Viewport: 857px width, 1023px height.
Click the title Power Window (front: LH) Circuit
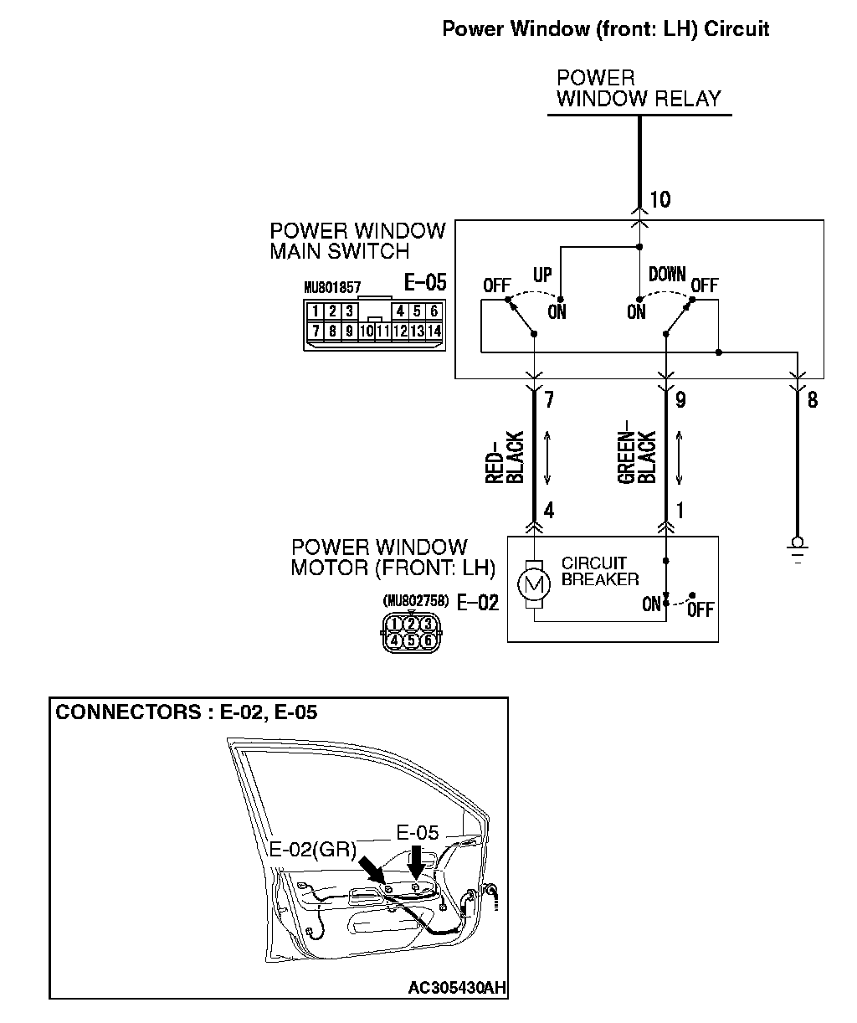(x=605, y=29)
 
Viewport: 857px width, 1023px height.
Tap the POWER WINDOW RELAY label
(x=639, y=89)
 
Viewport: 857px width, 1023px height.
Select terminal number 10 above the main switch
(x=660, y=199)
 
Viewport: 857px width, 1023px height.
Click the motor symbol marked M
(x=533, y=583)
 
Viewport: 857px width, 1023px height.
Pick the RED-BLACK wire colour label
(x=505, y=458)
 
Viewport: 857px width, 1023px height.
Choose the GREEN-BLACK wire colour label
(x=637, y=458)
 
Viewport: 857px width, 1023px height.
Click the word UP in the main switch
(x=543, y=275)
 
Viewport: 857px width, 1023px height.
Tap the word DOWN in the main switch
(x=667, y=275)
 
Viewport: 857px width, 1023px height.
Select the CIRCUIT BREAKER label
(x=600, y=571)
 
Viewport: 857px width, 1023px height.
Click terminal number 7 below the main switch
(x=549, y=400)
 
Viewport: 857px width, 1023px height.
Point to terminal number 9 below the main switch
(x=680, y=400)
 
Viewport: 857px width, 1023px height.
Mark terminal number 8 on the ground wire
(x=812, y=400)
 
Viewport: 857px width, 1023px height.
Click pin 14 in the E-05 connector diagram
(x=434, y=331)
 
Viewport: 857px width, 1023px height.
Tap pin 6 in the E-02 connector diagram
(x=428, y=641)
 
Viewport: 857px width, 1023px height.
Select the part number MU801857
(x=332, y=286)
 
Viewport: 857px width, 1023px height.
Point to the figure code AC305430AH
(x=457, y=988)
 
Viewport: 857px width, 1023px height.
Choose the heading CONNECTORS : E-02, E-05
(x=186, y=712)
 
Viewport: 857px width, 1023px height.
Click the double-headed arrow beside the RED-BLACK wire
(x=547, y=458)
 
